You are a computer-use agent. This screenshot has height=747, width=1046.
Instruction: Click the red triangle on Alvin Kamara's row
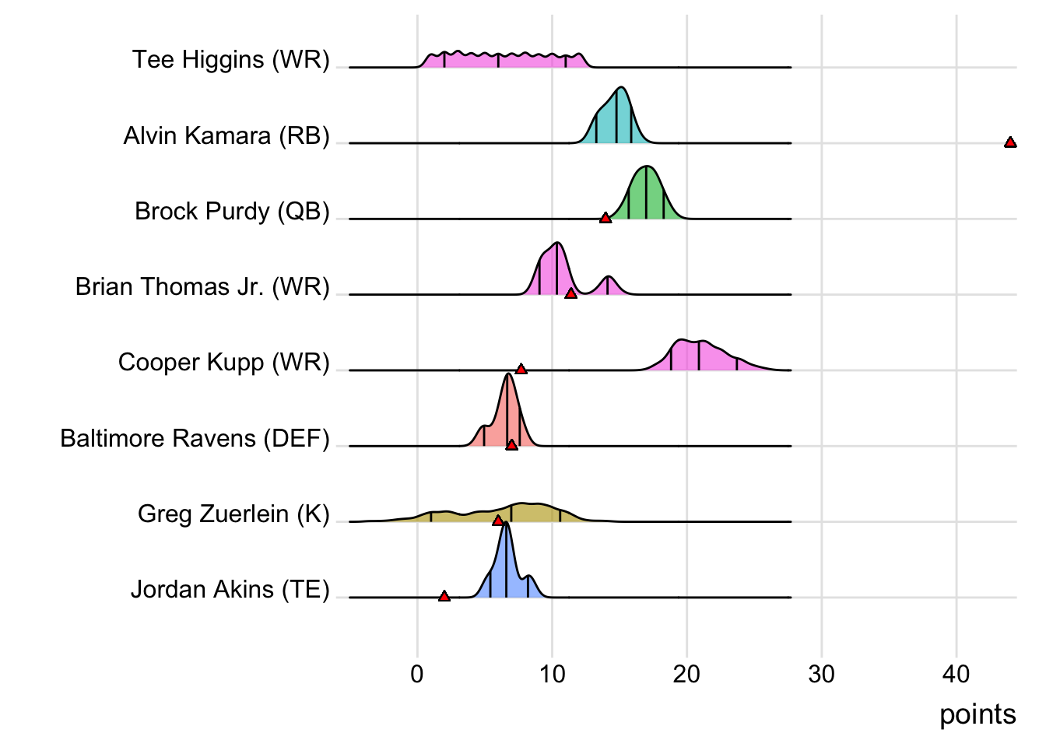point(1010,142)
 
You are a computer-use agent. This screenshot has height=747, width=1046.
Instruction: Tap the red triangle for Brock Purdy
point(605,218)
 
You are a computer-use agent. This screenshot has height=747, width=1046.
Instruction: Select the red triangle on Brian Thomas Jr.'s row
point(570,293)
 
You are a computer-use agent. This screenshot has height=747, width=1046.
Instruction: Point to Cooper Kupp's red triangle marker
point(521,369)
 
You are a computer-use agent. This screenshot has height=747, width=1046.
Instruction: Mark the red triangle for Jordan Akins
point(444,596)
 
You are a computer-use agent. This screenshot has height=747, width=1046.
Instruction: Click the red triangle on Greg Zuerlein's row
point(498,521)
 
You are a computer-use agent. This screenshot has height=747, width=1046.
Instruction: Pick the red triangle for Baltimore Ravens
point(511,444)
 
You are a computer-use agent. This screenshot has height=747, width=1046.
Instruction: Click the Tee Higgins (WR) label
point(231,60)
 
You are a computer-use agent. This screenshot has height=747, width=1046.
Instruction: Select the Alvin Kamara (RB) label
point(226,136)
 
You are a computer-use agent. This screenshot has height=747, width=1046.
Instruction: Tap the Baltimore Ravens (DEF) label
point(195,439)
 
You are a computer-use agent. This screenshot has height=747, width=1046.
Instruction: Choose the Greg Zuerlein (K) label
point(233,514)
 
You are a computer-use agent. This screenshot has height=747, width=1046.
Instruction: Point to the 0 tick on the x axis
point(417,674)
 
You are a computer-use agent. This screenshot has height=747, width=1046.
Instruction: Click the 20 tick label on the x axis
point(686,674)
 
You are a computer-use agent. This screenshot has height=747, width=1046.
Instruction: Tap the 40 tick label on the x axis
point(956,674)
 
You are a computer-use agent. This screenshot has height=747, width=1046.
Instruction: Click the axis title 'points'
point(978,714)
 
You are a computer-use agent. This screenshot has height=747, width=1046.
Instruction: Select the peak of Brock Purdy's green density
point(646,168)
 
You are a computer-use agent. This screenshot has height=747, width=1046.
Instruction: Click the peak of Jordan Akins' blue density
point(506,524)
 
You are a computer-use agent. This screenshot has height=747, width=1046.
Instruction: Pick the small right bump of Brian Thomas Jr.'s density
point(608,279)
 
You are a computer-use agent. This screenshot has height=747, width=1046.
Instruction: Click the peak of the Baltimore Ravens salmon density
point(508,376)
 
